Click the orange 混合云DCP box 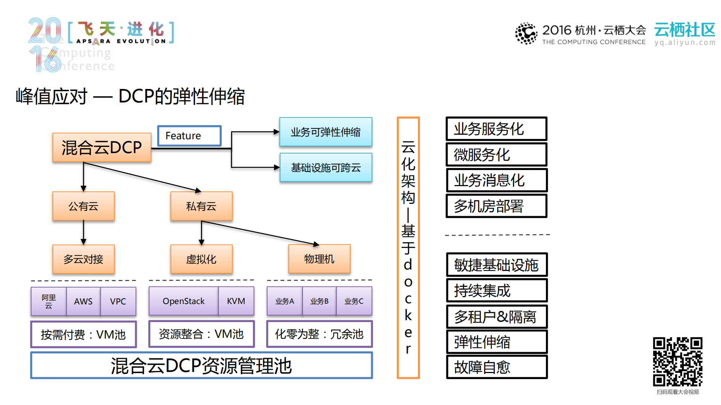[102, 148]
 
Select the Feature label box [189, 136]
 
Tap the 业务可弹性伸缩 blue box [325, 132]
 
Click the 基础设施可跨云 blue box [325, 167]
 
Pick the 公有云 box [83, 206]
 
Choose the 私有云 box [201, 206]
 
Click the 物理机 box [319, 259]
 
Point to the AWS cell [83, 301]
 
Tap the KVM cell [236, 301]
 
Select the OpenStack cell [183, 301]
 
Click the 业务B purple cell [319, 301]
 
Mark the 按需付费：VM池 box [83, 334]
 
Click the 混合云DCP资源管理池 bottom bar [201, 366]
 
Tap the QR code [677, 361]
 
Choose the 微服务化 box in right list [496, 155]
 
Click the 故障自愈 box [496, 367]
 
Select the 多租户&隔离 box [496, 317]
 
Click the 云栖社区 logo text [685, 30]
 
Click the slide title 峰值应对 [52, 96]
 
